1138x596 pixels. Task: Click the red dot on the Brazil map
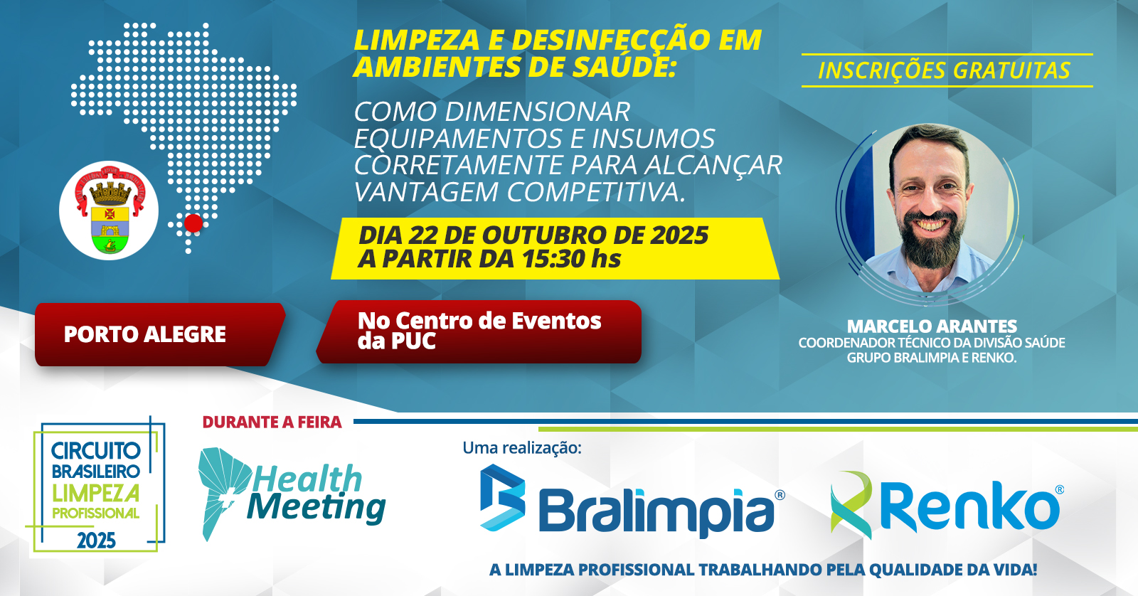click(x=193, y=223)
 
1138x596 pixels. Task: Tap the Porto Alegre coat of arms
click(x=110, y=210)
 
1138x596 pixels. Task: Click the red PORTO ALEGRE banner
click(x=159, y=334)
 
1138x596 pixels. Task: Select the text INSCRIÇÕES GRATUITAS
click(x=945, y=70)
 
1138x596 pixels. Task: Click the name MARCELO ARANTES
click(x=932, y=326)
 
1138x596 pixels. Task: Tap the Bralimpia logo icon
click(x=502, y=497)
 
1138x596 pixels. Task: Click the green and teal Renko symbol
click(x=851, y=504)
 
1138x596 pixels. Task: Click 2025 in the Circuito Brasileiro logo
click(x=96, y=541)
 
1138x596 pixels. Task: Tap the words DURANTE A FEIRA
click(x=272, y=422)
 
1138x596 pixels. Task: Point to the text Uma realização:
click(x=522, y=448)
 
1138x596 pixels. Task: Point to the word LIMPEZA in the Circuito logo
click(x=95, y=494)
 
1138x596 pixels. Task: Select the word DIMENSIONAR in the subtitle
click(x=538, y=112)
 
